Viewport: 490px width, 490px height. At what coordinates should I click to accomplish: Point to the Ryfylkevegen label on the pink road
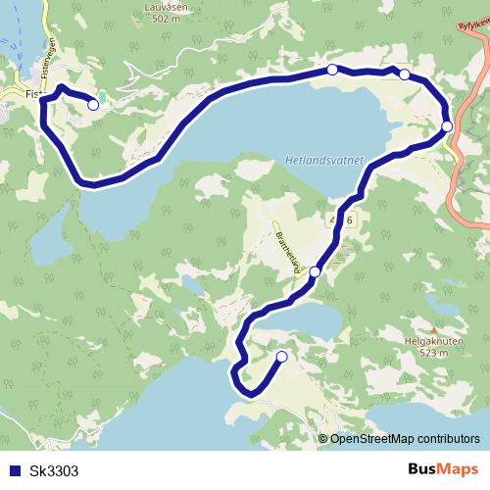[473, 37]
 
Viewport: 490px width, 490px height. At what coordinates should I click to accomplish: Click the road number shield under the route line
[342, 221]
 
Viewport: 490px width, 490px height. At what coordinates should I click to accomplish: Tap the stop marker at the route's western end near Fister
[93, 105]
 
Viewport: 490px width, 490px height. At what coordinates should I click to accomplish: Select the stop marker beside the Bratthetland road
[315, 271]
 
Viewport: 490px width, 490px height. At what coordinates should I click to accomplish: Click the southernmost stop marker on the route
[282, 357]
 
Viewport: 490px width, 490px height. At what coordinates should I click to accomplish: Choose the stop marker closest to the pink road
[447, 125]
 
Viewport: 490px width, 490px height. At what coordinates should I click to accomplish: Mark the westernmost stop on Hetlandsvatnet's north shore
[332, 70]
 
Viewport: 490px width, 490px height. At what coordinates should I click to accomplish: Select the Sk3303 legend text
[54, 470]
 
